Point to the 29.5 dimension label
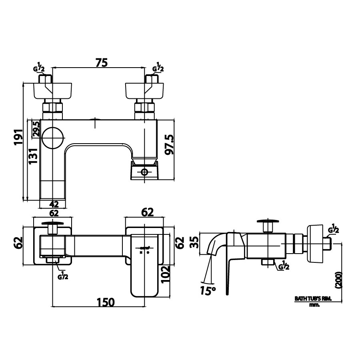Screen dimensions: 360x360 click(36, 129)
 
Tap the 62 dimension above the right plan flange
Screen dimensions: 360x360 click(148, 212)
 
